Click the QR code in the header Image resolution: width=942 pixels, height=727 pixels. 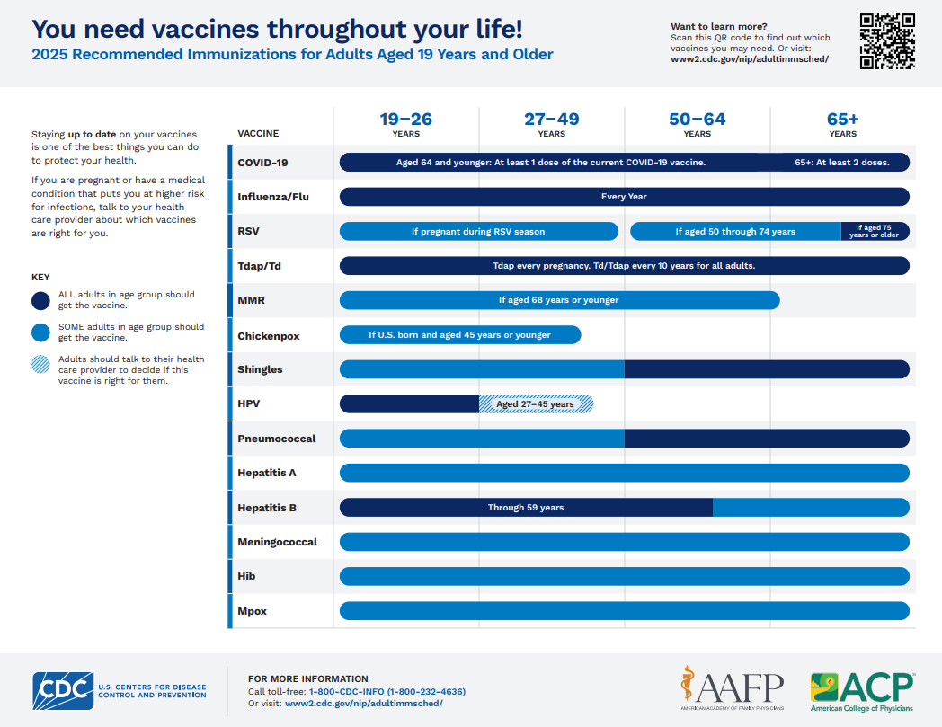(887, 41)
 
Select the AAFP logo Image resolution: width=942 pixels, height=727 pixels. (732, 690)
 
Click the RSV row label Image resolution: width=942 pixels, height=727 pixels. (248, 231)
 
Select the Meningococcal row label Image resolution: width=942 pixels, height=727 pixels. (277, 542)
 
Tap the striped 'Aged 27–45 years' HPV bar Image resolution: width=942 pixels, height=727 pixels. (536, 404)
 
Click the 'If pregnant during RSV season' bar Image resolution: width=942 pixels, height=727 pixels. (478, 232)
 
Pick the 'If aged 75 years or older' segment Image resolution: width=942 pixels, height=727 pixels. (875, 232)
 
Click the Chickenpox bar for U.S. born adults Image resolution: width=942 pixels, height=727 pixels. (459, 335)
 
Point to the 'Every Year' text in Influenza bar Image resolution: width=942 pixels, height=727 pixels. (624, 197)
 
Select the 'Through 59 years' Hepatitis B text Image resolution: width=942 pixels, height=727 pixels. (526, 508)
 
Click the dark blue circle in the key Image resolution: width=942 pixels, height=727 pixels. (40, 300)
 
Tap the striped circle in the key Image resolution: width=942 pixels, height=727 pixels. (40, 365)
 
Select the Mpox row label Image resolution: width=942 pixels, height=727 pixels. (252, 611)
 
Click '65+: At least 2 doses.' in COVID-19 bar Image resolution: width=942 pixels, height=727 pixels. (842, 163)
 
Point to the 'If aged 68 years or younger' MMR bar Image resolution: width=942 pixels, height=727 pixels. (558, 300)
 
